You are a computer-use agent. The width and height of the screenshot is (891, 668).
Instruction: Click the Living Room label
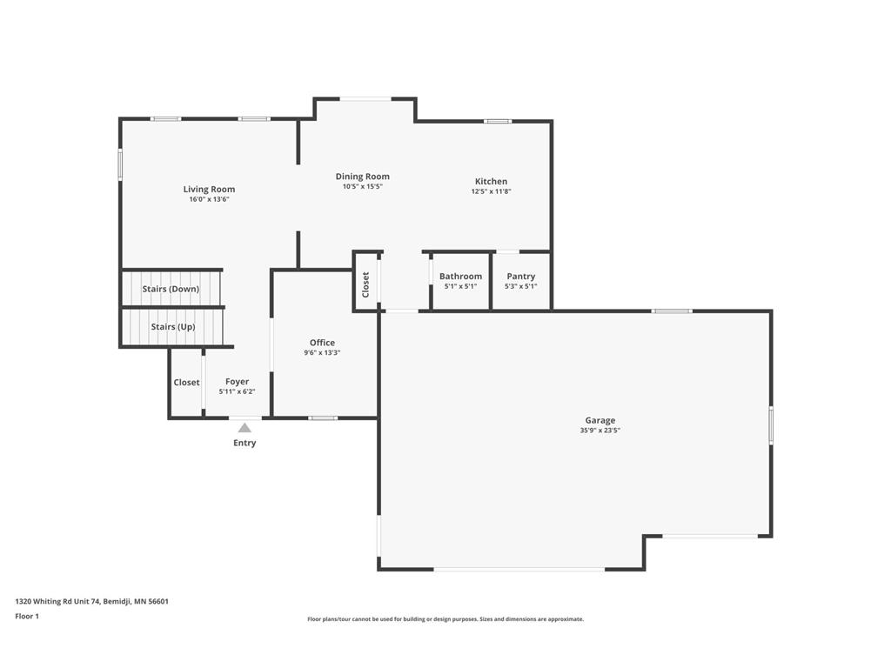[209, 189]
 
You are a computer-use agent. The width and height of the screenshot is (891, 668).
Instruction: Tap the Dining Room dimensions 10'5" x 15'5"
[362, 186]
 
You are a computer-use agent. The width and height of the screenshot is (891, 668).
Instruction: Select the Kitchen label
[491, 182]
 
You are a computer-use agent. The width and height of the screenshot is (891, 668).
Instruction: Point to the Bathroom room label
[460, 277]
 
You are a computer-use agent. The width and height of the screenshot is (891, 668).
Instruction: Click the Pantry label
[520, 277]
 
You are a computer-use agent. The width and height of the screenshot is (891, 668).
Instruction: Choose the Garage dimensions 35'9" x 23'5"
[600, 431]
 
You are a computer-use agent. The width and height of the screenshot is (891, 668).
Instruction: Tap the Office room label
[322, 343]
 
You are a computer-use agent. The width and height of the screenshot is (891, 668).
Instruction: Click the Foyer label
[237, 382]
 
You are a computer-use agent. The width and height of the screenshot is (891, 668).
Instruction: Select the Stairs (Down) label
[171, 289]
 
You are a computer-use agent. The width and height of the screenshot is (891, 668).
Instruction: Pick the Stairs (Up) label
[172, 327]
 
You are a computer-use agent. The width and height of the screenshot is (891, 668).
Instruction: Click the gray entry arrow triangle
[245, 427]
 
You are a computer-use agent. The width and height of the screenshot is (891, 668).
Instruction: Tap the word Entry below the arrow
[245, 443]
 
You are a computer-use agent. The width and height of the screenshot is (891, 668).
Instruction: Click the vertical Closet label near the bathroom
[365, 284]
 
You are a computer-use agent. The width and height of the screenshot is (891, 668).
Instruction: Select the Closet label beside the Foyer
[186, 383]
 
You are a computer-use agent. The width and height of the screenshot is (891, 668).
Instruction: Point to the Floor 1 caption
[27, 616]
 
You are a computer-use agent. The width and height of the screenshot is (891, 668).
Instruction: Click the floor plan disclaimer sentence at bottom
[445, 619]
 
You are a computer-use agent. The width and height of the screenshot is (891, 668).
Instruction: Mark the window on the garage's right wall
[771, 426]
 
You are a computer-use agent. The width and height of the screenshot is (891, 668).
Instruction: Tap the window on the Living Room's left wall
[120, 164]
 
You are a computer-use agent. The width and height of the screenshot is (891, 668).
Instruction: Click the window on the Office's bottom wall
[323, 418]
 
